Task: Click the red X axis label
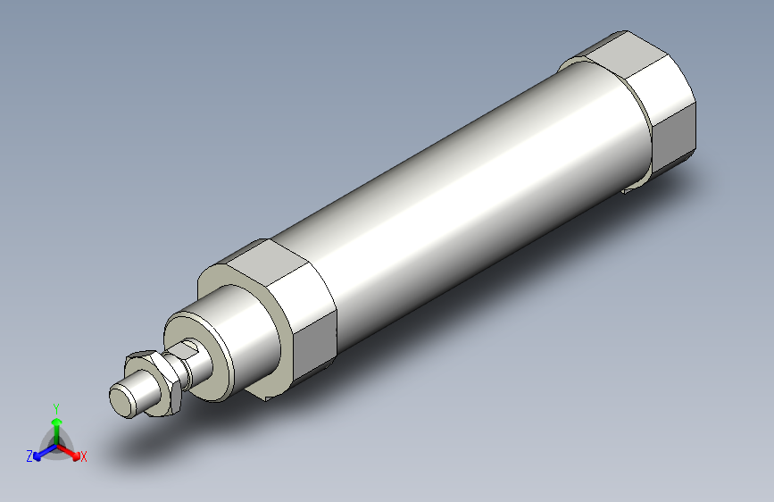84,457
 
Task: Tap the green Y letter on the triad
56,406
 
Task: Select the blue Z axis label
29,456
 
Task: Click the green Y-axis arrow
56,423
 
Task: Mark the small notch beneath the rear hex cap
635,186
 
